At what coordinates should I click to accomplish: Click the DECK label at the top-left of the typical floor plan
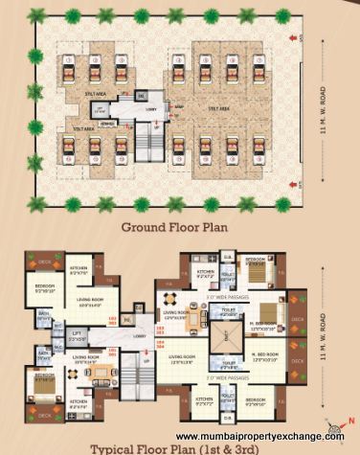[x=43, y=261]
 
